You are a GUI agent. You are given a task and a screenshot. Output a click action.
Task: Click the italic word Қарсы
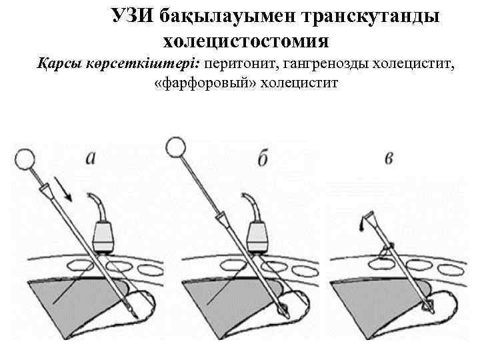pyautogui.click(x=56, y=65)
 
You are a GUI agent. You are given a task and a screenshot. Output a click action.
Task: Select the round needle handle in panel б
pyautogui.click(x=175, y=145)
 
